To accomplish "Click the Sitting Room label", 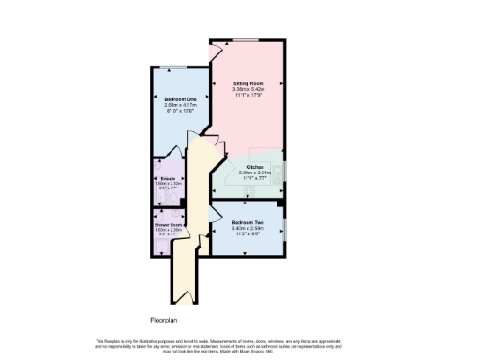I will click(x=247, y=83).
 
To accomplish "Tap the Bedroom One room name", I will click(x=178, y=99).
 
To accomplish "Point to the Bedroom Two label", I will click(x=247, y=222).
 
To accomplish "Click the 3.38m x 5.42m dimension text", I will click(x=247, y=89).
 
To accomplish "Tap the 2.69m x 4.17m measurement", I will click(x=178, y=105).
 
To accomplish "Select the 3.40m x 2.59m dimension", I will click(x=247, y=228).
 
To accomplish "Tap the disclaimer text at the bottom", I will click(x=240, y=343).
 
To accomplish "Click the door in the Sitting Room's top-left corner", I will click(x=217, y=47).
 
